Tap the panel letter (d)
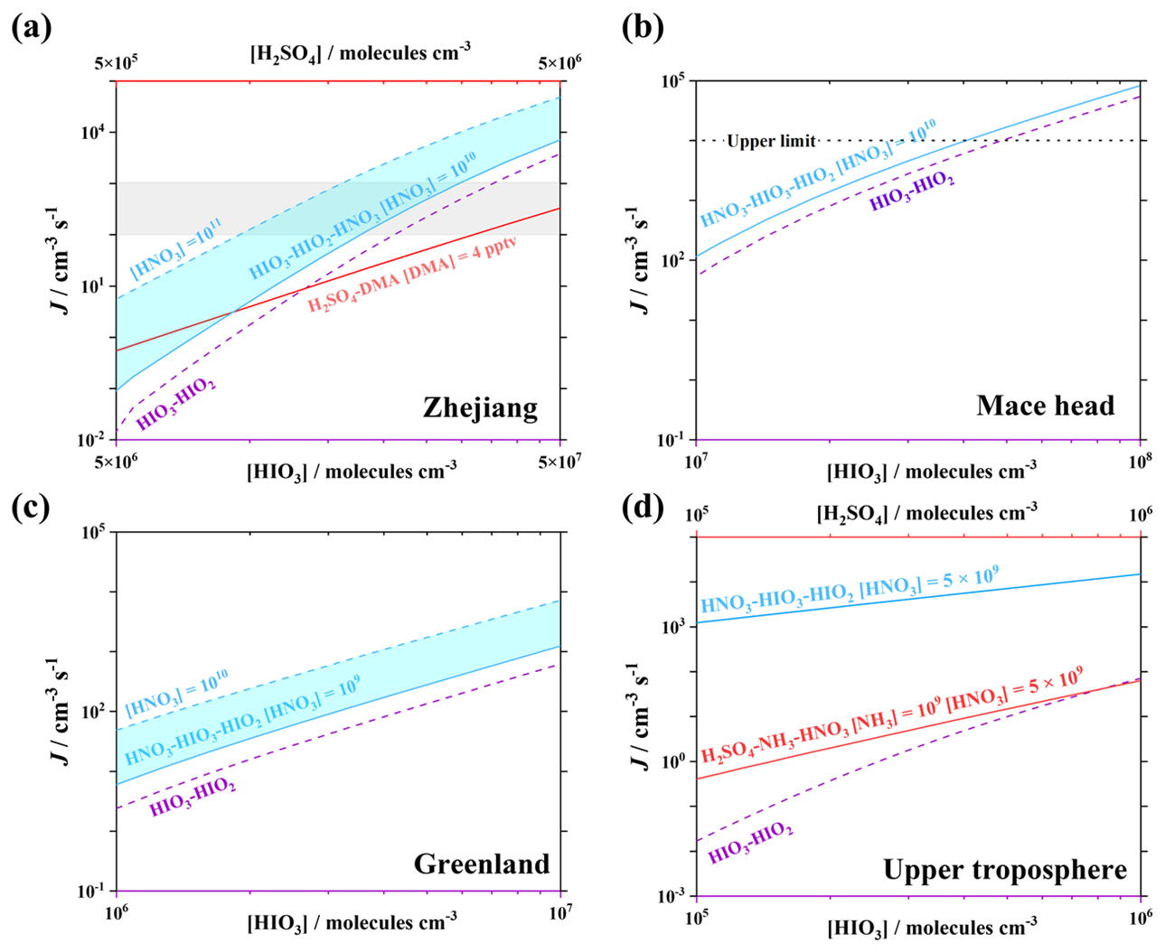click(x=643, y=508)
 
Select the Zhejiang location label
click(x=480, y=407)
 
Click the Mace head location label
click(x=1045, y=406)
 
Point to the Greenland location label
click(x=482, y=863)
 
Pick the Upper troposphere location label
click(x=1005, y=871)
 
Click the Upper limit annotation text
click(x=771, y=142)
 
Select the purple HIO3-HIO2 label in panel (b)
click(x=912, y=191)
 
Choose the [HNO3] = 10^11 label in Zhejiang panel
click(x=175, y=248)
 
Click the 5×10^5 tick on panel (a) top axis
click(x=116, y=63)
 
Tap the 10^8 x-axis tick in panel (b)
click(x=1140, y=461)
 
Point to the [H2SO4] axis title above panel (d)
click(x=927, y=514)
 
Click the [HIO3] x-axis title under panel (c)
click(x=352, y=923)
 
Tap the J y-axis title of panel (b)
click(x=640, y=260)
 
